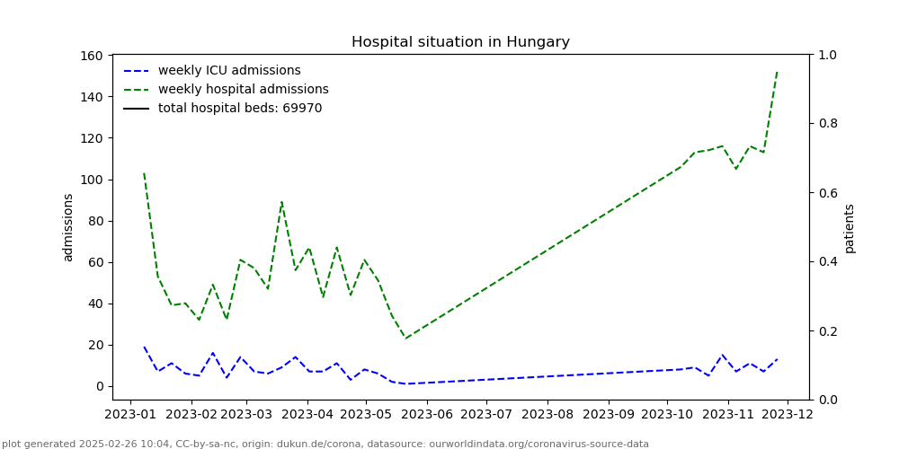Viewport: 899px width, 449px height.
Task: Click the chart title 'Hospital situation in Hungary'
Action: (460, 42)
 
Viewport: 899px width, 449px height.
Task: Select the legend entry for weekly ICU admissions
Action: (229, 71)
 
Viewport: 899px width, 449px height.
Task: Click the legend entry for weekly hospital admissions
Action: (243, 90)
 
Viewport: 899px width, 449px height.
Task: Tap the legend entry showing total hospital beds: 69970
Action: (239, 109)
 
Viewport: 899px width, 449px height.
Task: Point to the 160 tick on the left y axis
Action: (91, 56)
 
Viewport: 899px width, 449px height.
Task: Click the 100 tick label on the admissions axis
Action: (91, 180)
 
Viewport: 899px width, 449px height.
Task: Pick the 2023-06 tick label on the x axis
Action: (426, 415)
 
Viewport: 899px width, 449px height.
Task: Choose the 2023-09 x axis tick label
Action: (608, 415)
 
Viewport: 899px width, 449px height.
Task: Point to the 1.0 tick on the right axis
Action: (826, 56)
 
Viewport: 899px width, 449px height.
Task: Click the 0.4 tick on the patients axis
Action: (826, 262)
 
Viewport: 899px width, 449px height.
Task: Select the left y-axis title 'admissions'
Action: (68, 227)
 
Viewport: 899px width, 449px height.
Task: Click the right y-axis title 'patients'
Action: (850, 228)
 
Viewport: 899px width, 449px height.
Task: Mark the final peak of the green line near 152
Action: (777, 73)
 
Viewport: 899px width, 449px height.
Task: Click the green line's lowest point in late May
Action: (405, 339)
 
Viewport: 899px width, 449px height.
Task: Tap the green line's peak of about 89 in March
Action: (281, 202)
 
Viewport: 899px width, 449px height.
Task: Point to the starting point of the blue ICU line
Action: (144, 348)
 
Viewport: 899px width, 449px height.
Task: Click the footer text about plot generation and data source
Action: (325, 444)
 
